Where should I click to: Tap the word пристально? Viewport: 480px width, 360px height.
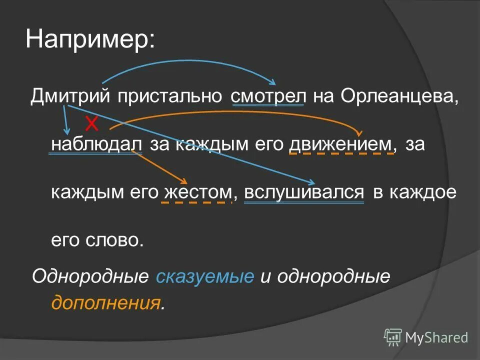(x=170, y=95)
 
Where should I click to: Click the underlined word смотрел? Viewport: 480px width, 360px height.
(x=268, y=95)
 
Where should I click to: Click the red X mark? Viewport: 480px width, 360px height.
(x=90, y=122)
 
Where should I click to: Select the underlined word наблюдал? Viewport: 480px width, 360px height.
(x=93, y=144)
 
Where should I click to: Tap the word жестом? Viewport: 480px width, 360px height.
(x=197, y=192)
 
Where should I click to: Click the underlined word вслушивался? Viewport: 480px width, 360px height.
(x=303, y=192)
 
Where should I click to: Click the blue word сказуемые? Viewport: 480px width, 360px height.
(x=205, y=277)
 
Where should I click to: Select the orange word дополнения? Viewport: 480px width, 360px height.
(x=106, y=302)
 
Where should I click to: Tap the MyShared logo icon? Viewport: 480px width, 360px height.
(x=393, y=337)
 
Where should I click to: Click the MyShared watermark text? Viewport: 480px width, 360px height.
(x=436, y=337)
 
